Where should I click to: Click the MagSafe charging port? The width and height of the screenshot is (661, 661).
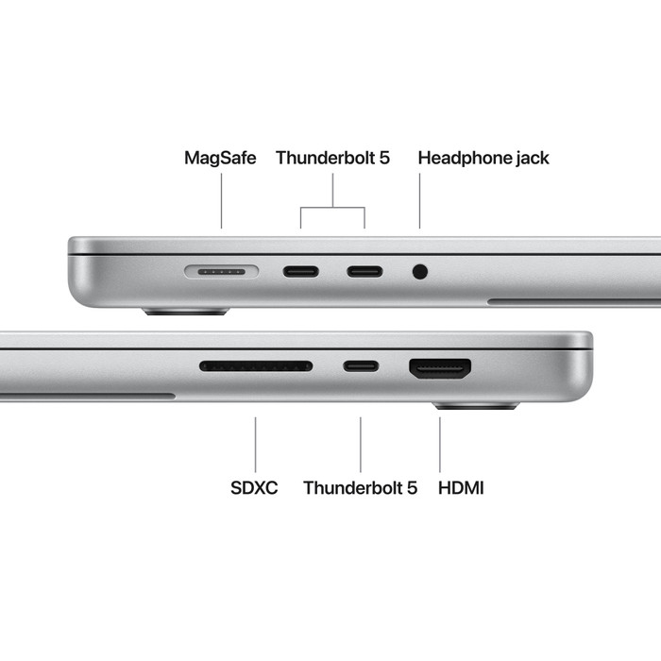point(222,272)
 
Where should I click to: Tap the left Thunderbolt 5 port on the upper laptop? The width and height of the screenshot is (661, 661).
point(301,272)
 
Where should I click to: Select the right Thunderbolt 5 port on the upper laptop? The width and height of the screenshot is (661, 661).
point(364,272)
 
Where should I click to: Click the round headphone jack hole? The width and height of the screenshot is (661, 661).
point(420,272)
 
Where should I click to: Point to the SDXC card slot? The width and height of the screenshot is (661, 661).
point(256,365)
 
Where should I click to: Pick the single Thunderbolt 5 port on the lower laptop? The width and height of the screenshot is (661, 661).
point(361,365)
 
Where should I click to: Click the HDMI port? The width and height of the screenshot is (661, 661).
point(440,367)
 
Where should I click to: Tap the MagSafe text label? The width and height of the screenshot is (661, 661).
point(220,158)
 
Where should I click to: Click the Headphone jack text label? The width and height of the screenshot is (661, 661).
point(483,158)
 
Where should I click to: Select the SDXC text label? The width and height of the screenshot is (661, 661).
point(254,488)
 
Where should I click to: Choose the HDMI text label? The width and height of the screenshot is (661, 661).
point(462,488)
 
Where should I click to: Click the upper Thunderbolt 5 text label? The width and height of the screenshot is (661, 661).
point(332,158)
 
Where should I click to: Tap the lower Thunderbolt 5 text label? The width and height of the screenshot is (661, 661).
point(360,488)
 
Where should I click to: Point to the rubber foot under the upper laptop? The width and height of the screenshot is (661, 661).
point(184,311)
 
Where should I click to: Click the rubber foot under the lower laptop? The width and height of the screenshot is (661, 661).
point(476,406)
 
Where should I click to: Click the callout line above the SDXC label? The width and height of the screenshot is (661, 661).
point(256,444)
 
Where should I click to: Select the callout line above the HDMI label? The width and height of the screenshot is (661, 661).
point(440,444)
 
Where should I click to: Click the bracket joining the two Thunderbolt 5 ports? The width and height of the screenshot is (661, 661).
point(332,208)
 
